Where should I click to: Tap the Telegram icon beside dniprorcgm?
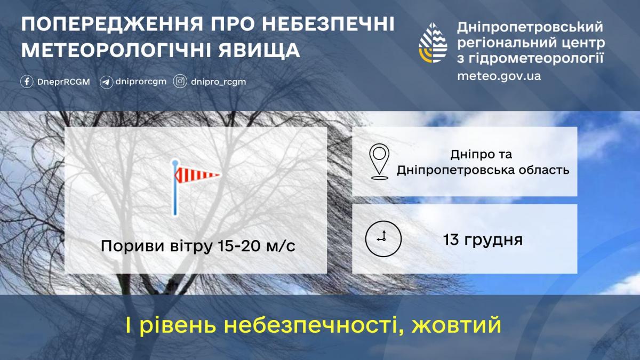106,82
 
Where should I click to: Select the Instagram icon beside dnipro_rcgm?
181,82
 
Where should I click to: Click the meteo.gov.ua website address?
499,76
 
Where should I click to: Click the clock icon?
382,238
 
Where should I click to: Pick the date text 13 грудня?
482,239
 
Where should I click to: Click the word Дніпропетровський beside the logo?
530,27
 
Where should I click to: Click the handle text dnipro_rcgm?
219,82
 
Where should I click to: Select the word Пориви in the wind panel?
126,247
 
